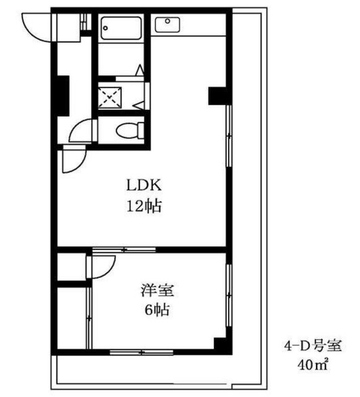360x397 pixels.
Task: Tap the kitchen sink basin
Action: (x=167, y=24)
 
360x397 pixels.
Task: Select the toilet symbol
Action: (x=131, y=130)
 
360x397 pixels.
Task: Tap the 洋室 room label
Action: (x=158, y=290)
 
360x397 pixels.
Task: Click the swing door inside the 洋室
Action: (x=101, y=267)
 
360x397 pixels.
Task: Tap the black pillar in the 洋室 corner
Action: (x=219, y=345)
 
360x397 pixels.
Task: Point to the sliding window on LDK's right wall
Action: (x=229, y=133)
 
